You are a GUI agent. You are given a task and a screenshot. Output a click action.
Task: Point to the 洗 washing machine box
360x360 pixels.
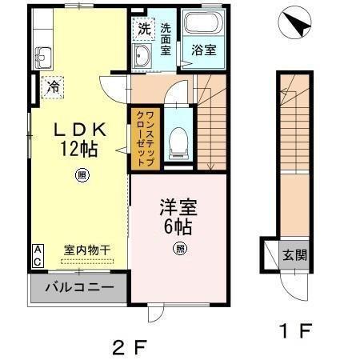tap(144, 29)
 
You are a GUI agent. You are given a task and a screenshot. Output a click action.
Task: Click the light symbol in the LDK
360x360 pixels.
tap(82, 175)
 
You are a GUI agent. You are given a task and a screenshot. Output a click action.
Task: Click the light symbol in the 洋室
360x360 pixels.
tap(180, 249)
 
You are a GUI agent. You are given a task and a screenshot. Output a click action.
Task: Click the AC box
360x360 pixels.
tap(37, 256)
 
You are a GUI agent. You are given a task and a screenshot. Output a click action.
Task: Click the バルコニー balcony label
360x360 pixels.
tap(78, 286)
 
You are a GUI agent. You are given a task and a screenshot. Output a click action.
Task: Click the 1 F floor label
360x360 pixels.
tap(289, 328)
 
